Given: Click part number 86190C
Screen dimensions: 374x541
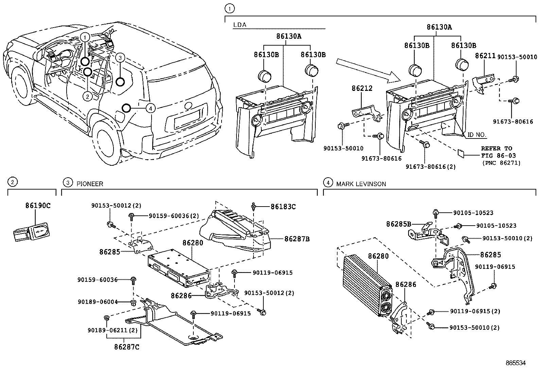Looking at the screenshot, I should (x=38, y=206).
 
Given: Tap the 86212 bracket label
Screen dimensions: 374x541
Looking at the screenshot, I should (x=362, y=88).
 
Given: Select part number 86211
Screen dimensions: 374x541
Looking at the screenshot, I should (x=485, y=56).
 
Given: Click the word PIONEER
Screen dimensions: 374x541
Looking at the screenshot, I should (x=90, y=184).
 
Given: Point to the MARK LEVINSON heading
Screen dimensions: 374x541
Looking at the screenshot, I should (x=361, y=184).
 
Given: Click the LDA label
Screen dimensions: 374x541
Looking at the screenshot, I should (x=240, y=25).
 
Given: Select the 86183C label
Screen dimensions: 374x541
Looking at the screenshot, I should (x=283, y=207).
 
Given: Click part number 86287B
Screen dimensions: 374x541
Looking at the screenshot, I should (x=297, y=239).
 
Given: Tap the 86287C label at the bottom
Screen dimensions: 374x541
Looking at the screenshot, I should (x=126, y=347).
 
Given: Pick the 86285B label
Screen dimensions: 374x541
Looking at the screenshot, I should (x=399, y=224).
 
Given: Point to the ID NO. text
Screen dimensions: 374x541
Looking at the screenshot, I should (x=477, y=135).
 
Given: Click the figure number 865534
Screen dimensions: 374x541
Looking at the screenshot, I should (x=516, y=363).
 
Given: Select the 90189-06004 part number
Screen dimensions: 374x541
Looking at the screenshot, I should (x=98, y=302).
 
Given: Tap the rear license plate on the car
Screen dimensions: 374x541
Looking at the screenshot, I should (x=188, y=119).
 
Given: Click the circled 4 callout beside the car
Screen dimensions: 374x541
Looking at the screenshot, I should (x=151, y=108).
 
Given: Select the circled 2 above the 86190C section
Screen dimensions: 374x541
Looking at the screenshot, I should (x=12, y=182).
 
